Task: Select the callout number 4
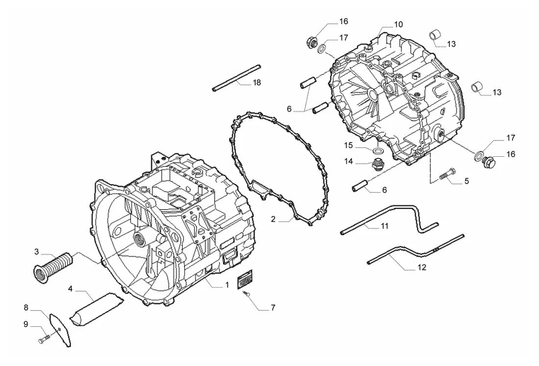coord(70,288)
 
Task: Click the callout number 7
coord(272,308)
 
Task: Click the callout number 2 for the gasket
coord(273,219)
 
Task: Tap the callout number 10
coord(398,24)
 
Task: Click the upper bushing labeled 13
coord(435,36)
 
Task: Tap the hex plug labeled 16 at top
coord(312,43)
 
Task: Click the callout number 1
coord(227,285)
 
